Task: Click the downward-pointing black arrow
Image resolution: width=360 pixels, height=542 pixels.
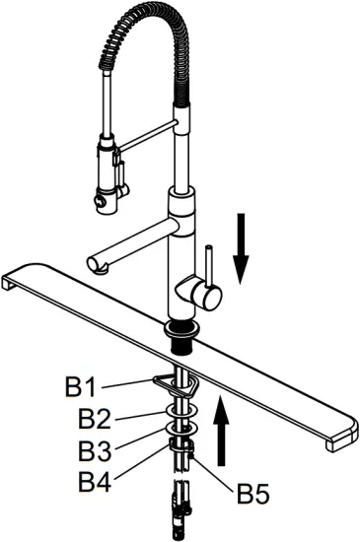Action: (x=241, y=245)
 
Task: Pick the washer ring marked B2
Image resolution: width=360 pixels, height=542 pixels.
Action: (x=181, y=409)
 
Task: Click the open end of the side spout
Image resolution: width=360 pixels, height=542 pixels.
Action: (x=96, y=263)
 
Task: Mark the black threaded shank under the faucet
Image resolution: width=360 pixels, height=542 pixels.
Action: (x=183, y=339)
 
